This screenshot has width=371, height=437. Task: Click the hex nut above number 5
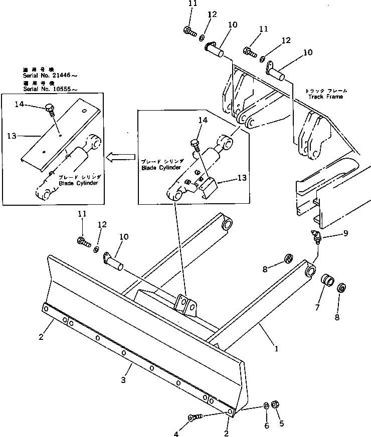pyautogui.click(x=275, y=405)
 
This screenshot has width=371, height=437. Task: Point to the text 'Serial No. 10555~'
pyautogui.click(x=50, y=89)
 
